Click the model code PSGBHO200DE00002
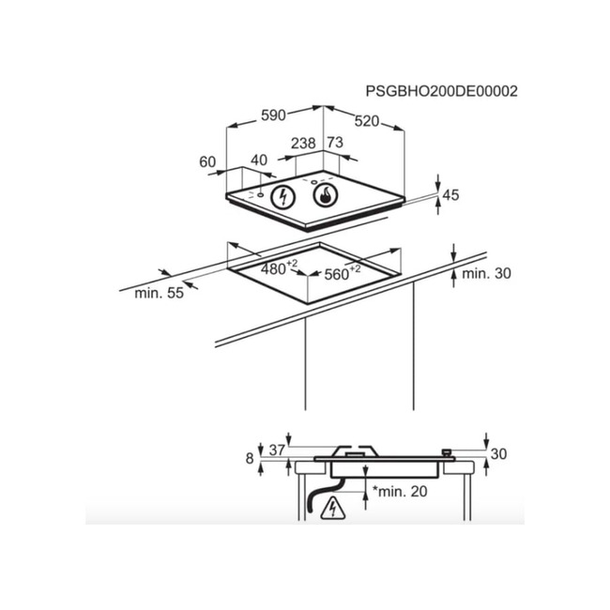tap(442, 91)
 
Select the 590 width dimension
tap(273, 115)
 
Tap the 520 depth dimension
tap(366, 121)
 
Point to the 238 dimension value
tap(303, 144)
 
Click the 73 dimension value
tap(335, 143)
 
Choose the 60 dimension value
tap(207, 161)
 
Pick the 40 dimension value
tap(259, 160)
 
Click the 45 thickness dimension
tap(450, 195)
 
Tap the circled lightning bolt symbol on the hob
tap(282, 197)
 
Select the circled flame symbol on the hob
tap(326, 195)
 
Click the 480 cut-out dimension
tap(279, 267)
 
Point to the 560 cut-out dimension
tap(342, 273)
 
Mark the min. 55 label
tap(159, 293)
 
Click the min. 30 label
tap(486, 273)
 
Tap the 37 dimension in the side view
tap(277, 450)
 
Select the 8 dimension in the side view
tap(250, 459)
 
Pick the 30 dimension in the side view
tap(498, 454)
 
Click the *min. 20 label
tap(400, 492)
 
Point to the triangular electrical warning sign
tap(333, 508)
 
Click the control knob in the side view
tap(447, 453)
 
